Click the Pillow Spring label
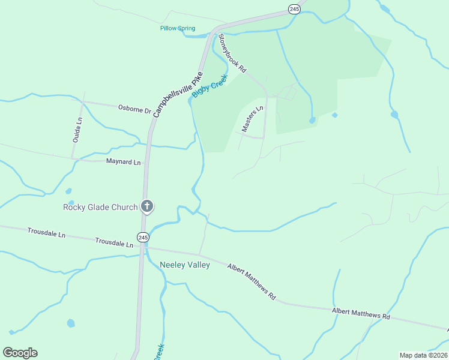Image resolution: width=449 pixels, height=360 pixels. pos(178,28)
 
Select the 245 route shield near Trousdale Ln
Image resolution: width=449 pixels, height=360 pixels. pos(143,238)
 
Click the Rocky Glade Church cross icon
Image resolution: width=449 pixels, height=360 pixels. pos(146,207)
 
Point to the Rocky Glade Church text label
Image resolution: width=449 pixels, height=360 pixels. pos(100,208)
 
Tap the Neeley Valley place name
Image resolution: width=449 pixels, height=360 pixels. pos(185,265)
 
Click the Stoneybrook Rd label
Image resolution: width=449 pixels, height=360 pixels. pos(232,53)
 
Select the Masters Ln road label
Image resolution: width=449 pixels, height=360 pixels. pos(253,119)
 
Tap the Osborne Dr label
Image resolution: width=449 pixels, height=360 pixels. pos(134,110)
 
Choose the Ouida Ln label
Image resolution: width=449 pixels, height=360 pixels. pos(77,128)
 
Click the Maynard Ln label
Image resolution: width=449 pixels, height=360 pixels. pos(123,162)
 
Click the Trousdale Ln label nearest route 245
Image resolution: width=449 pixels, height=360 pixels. pos(114,242)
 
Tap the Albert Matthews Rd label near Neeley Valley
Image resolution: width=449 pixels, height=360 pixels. pos(251,281)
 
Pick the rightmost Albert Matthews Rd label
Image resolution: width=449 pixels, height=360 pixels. pos(361,313)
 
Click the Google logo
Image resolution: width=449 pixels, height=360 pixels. pos(20,353)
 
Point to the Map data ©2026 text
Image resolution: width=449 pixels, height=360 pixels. pos(423,355)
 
